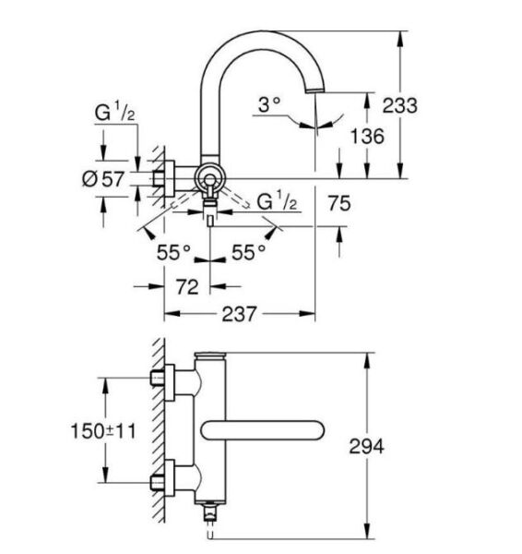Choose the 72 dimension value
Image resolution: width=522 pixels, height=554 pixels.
[187, 287]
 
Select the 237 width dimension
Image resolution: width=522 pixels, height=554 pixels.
[240, 314]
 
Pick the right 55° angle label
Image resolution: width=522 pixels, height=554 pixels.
[249, 250]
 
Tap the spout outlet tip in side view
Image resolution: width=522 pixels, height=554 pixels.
[316, 90]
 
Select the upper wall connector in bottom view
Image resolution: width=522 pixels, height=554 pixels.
[169, 379]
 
